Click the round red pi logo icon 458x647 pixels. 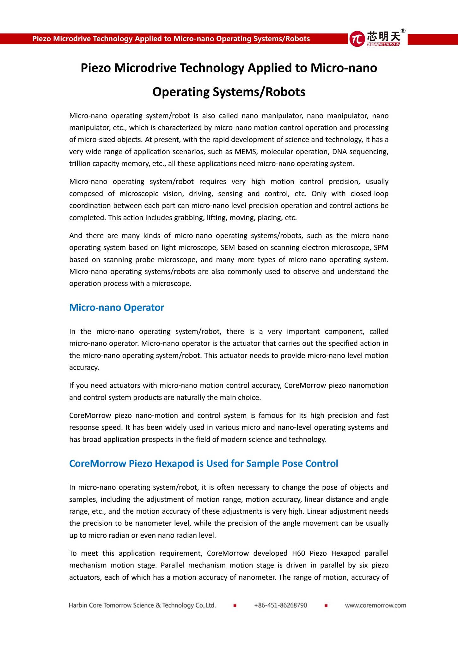pos(357,39)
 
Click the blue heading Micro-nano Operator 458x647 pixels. pos(116,307)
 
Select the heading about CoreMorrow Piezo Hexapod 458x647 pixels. pos(204,463)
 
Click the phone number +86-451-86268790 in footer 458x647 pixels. pos(280,605)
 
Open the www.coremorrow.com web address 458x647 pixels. pos(375,605)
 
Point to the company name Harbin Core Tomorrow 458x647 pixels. pos(142,605)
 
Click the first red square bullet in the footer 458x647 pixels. pos(235,606)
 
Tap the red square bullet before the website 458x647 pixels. pos(326,606)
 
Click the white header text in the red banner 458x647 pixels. pos(171,39)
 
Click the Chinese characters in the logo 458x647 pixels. pos(384,36)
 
